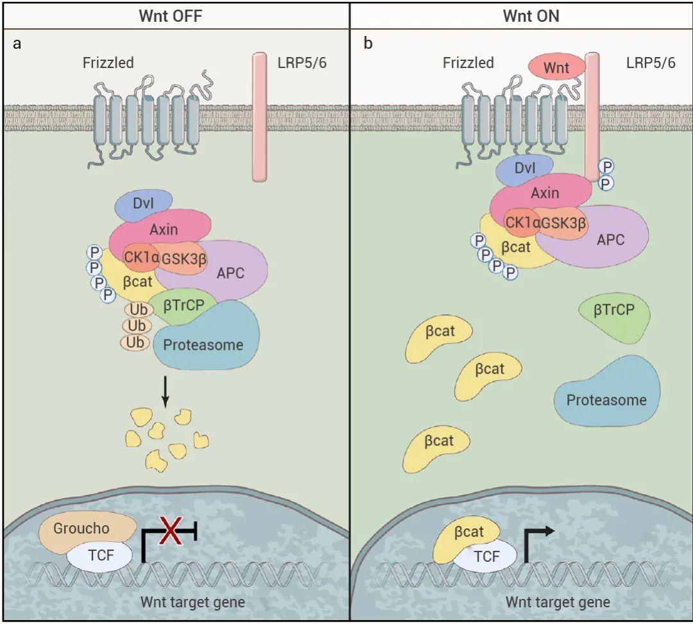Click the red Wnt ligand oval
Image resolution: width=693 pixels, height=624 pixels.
pos(556,67)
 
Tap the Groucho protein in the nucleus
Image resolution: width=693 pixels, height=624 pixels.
pos(83,530)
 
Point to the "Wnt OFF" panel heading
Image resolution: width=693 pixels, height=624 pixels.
pos(171,16)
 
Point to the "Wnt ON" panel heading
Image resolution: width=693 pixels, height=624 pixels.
pos(530,16)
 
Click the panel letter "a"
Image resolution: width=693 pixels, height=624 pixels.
pos(17,44)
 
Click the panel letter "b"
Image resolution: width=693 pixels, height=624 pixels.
pos(368,44)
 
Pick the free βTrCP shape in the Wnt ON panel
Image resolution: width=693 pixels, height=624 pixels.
pos(613,312)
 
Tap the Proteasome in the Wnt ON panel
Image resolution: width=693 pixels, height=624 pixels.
pos(606,399)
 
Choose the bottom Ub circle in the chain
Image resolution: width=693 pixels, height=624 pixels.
pos(135,343)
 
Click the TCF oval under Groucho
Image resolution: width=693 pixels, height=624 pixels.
pos(101,555)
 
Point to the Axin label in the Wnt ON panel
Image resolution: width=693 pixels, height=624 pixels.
pos(545,193)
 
